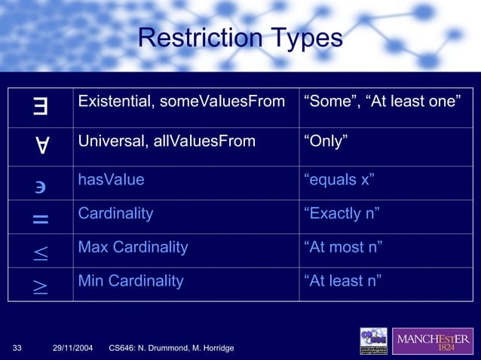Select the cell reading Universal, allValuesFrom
167,140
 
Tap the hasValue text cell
111,179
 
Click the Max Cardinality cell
133,247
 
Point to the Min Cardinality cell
130,281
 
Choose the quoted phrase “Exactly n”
341,213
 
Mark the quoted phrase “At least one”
418,101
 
